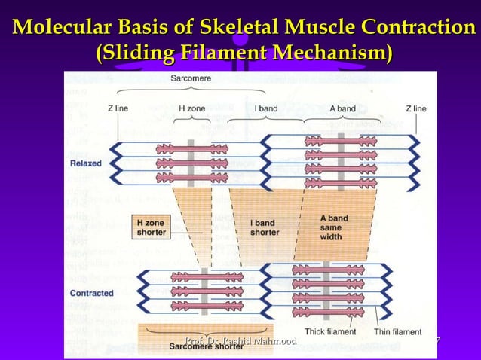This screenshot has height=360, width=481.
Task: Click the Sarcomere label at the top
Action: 191,78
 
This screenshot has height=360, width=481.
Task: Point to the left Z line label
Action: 116,108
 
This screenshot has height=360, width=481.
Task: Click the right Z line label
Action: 415,108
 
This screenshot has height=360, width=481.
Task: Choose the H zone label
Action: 191,108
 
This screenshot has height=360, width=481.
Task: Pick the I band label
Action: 265,108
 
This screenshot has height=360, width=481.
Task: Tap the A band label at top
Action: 342,108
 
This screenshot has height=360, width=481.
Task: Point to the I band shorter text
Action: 264,227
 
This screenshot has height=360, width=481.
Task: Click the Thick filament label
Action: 329,331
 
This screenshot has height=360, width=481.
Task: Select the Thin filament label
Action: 397,331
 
